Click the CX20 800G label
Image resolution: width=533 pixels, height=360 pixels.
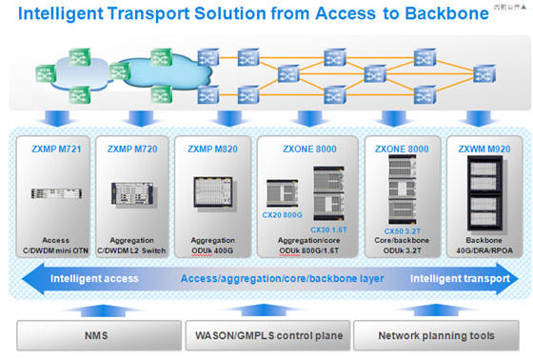(284, 214)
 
